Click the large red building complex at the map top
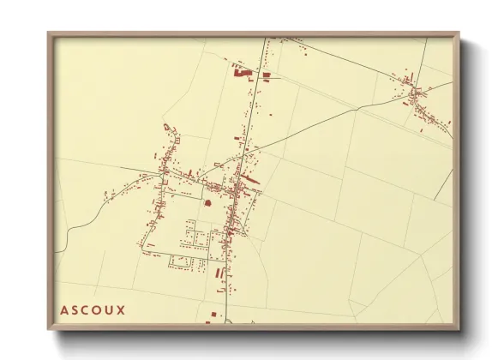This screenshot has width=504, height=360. click(243, 74)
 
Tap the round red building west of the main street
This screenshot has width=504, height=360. click(207, 202)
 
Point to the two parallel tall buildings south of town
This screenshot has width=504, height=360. click(219, 272)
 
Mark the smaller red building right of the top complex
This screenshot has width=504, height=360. click(267, 75)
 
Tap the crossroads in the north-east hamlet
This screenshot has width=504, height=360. click(415, 90)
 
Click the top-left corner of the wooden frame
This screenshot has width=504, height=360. click(49, 33)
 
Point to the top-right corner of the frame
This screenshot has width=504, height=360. click(458, 33)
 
